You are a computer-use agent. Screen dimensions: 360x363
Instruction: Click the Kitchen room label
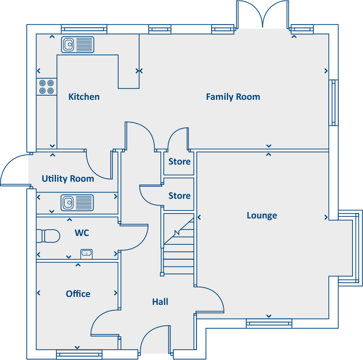pos(84,97)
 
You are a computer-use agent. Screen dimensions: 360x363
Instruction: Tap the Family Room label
pos(233,97)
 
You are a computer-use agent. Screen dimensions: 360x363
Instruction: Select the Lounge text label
pos(261,215)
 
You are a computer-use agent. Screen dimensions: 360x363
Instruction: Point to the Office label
pos(78,294)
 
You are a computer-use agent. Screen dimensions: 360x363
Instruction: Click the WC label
pos(82,233)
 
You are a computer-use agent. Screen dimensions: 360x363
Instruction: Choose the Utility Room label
pos(68,179)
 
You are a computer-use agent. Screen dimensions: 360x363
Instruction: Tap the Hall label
pos(160,302)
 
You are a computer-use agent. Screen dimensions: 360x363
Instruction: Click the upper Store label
pos(179,162)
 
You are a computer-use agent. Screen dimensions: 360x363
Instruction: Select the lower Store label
pos(179,196)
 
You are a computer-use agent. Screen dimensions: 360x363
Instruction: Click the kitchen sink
pos(78,45)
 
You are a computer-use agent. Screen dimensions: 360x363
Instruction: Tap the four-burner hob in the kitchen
pos(46,87)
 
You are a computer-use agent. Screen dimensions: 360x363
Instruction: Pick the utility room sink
pos(78,203)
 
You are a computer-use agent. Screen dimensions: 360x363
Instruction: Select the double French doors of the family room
pos(262,15)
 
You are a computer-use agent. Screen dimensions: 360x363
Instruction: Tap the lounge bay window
pos(349,248)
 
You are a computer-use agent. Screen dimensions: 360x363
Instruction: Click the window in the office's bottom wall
pos(79,354)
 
